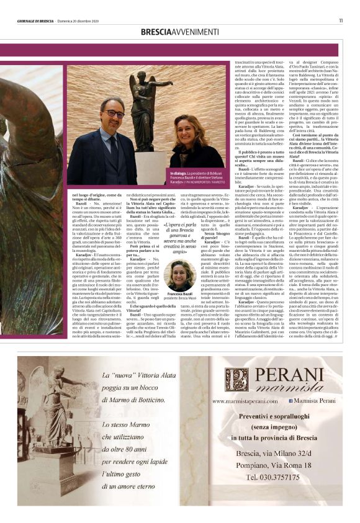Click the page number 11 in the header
pyautogui.click(x=340, y=20)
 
